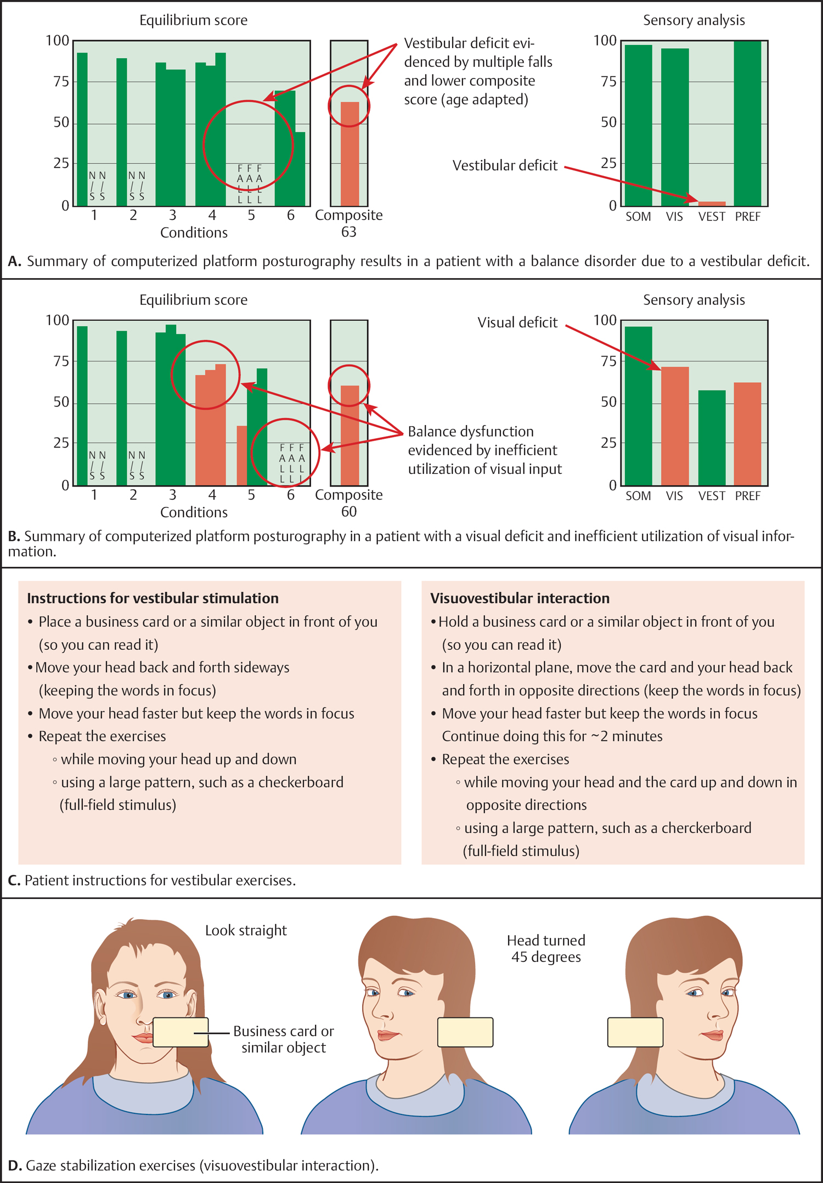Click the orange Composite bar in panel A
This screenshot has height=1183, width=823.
[x=350, y=154]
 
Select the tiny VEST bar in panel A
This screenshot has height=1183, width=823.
[x=712, y=203]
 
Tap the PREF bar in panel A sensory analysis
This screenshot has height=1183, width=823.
[x=747, y=123]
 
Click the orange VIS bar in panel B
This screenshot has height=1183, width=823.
[x=675, y=426]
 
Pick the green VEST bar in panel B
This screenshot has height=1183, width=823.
[x=712, y=438]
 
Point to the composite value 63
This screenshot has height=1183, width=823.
[x=349, y=232]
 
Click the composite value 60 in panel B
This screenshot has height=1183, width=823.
[x=349, y=512]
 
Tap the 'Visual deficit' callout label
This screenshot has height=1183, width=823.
[x=517, y=322]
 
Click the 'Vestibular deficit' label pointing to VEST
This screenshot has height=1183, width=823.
[x=505, y=166]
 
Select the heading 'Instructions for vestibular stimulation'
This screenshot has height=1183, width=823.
[x=153, y=598]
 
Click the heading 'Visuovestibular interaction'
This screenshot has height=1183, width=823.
[x=520, y=598]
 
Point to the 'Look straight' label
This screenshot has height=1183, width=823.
[x=246, y=930]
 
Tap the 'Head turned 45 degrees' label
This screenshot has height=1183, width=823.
[x=546, y=948]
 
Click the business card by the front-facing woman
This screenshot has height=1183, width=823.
[x=181, y=1032]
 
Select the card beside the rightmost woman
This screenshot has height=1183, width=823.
[x=635, y=1032]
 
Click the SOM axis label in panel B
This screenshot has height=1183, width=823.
[x=638, y=496]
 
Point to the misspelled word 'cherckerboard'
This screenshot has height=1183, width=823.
[x=706, y=828]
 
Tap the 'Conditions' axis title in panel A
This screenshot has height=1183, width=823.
[x=194, y=233]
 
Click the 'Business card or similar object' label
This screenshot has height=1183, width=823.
[x=284, y=1039]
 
